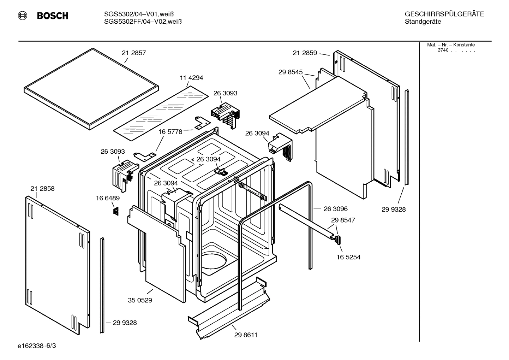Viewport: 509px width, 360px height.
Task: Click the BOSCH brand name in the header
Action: (x=53, y=16)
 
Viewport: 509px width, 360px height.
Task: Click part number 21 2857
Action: (x=134, y=53)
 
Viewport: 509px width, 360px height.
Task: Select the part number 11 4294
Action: (x=191, y=78)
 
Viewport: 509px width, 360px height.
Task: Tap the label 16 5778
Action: (x=170, y=132)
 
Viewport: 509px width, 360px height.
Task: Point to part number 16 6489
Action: (x=108, y=199)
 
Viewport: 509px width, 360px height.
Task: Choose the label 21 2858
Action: (x=42, y=189)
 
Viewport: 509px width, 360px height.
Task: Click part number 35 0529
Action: (x=140, y=300)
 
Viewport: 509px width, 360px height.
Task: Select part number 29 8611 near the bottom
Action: (x=246, y=335)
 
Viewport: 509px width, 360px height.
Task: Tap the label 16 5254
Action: (x=348, y=257)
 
